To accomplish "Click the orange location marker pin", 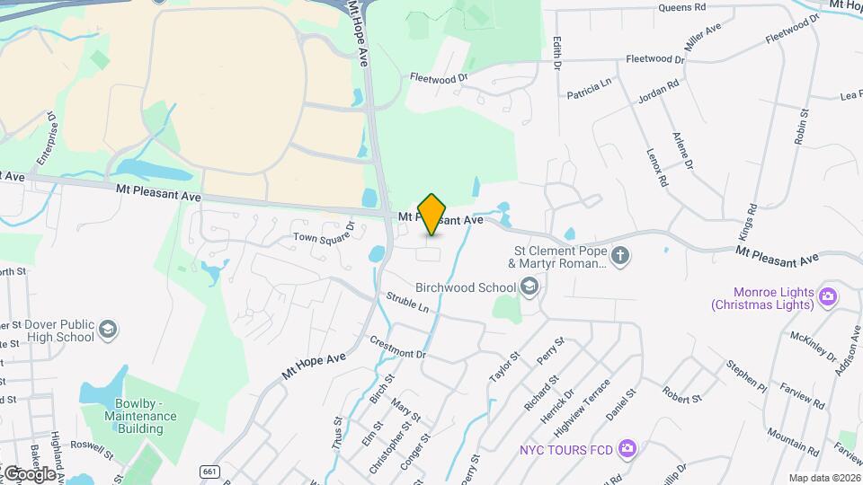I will [x=432, y=215].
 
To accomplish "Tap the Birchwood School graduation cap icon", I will [x=529, y=287].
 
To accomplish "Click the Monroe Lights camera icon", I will [x=828, y=295].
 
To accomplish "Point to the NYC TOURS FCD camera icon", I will [x=627, y=447].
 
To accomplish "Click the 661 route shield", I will [x=209, y=471].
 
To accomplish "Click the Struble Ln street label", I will [x=407, y=302].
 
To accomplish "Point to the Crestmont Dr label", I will [x=397, y=348].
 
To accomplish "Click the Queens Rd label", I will [x=681, y=7].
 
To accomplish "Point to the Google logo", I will [x=29, y=473].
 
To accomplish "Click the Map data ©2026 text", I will [x=824, y=478].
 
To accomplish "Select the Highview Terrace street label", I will [x=596, y=402].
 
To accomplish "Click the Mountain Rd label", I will [x=787, y=442].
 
